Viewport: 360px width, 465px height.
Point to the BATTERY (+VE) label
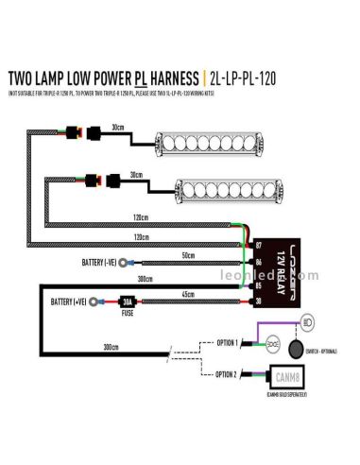tap(72, 302)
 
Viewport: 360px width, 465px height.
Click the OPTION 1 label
tap(228, 341)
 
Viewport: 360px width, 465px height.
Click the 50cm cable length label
tap(189, 255)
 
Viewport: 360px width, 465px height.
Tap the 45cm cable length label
tap(190, 294)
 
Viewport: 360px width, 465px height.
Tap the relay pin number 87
tap(260, 245)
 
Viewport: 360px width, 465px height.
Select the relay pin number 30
tap(260, 301)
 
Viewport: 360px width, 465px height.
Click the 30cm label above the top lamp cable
tap(118, 127)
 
